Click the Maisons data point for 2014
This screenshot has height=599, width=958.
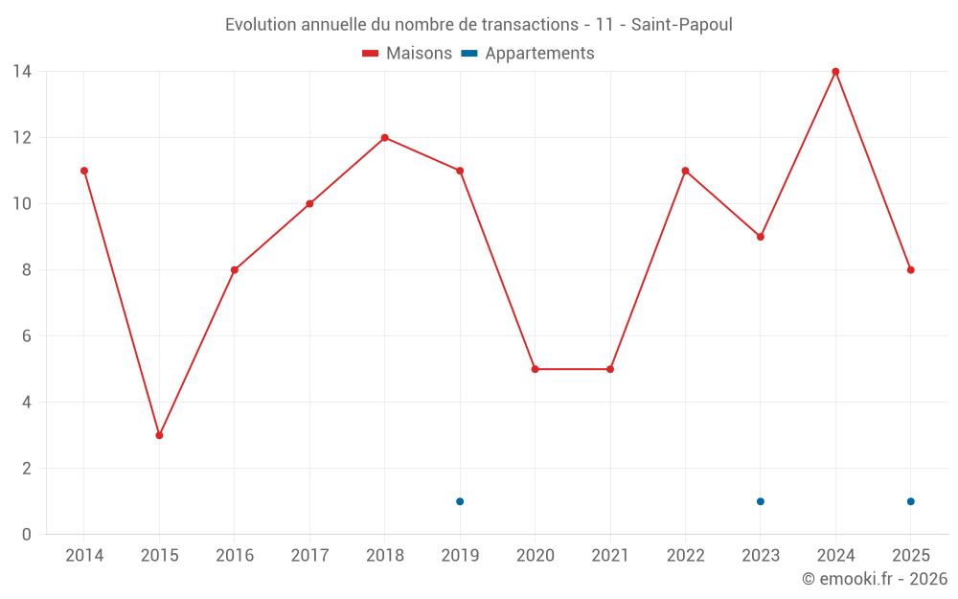click(84, 171)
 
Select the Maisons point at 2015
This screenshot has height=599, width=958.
click(159, 435)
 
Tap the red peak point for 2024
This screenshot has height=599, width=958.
click(835, 71)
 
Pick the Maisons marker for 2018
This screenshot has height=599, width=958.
click(385, 137)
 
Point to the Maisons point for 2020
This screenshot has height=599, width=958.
click(535, 369)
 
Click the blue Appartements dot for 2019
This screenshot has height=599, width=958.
click(460, 501)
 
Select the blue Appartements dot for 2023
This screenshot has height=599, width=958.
click(761, 501)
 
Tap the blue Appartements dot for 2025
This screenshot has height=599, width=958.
click(910, 501)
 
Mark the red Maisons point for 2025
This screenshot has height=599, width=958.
click(910, 269)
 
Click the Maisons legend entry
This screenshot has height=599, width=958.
click(407, 54)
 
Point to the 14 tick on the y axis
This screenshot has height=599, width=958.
click(22, 71)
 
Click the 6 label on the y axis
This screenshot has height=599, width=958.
click(27, 335)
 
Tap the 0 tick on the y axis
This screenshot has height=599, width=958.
click(27, 534)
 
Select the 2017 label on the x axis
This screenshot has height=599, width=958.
click(309, 556)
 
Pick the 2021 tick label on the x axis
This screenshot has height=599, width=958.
click(610, 556)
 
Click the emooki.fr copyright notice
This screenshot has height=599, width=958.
click(874, 579)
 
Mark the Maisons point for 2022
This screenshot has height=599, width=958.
click(685, 171)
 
